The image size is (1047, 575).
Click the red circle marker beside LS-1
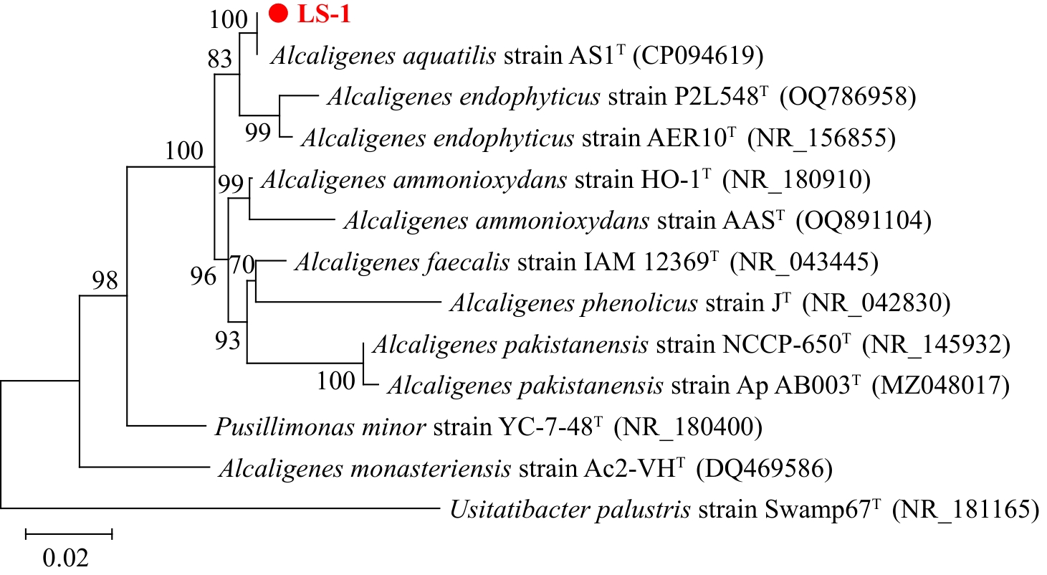[278, 13]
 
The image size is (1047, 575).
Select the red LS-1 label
[324, 14]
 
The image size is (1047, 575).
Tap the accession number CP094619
[698, 56]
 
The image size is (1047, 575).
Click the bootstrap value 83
[220, 59]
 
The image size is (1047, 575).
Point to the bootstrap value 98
[105, 280]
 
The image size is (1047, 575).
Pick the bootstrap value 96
[204, 276]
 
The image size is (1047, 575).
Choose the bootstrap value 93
[228, 341]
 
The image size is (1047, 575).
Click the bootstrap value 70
[242, 265]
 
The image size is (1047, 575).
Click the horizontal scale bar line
[69, 533]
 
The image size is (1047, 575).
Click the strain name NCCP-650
[783, 345]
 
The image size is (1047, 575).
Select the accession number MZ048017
[941, 386]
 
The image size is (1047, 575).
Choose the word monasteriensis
[431, 468]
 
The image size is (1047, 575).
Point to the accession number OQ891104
[864, 221]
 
